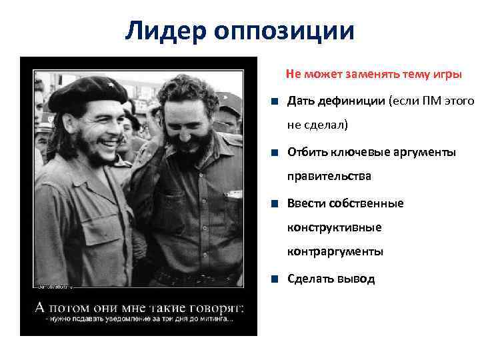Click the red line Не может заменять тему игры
coord(373,75)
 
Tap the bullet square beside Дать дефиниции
coord(275,102)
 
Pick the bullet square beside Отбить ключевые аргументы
coord(275,153)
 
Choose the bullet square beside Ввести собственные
coord(275,203)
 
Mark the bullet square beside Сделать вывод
coord(275,279)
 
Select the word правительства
coord(329,177)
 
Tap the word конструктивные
coord(334,228)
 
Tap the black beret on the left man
coord(87,93)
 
